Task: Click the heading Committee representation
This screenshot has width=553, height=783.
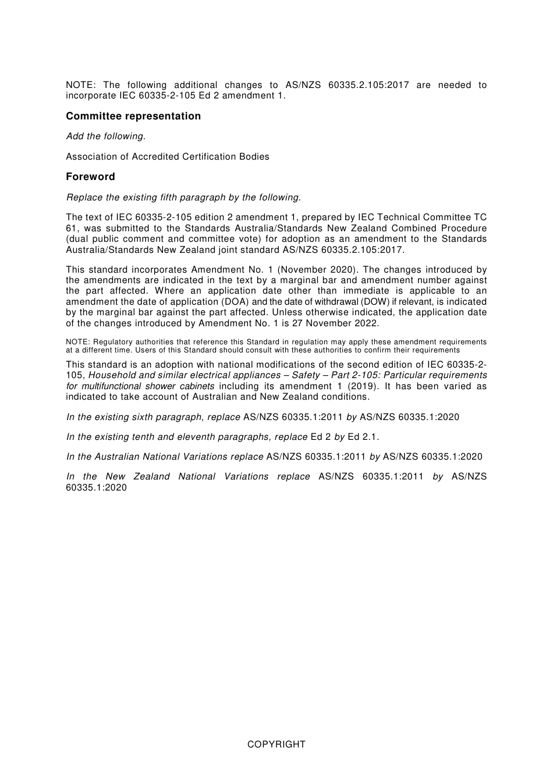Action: coord(133,116)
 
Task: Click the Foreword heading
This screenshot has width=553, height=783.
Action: coord(90,177)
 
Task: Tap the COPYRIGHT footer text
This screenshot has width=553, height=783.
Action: coord(276,744)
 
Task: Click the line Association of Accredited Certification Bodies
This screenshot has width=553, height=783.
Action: coord(168,156)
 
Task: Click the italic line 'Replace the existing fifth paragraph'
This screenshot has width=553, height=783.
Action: coord(183,197)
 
